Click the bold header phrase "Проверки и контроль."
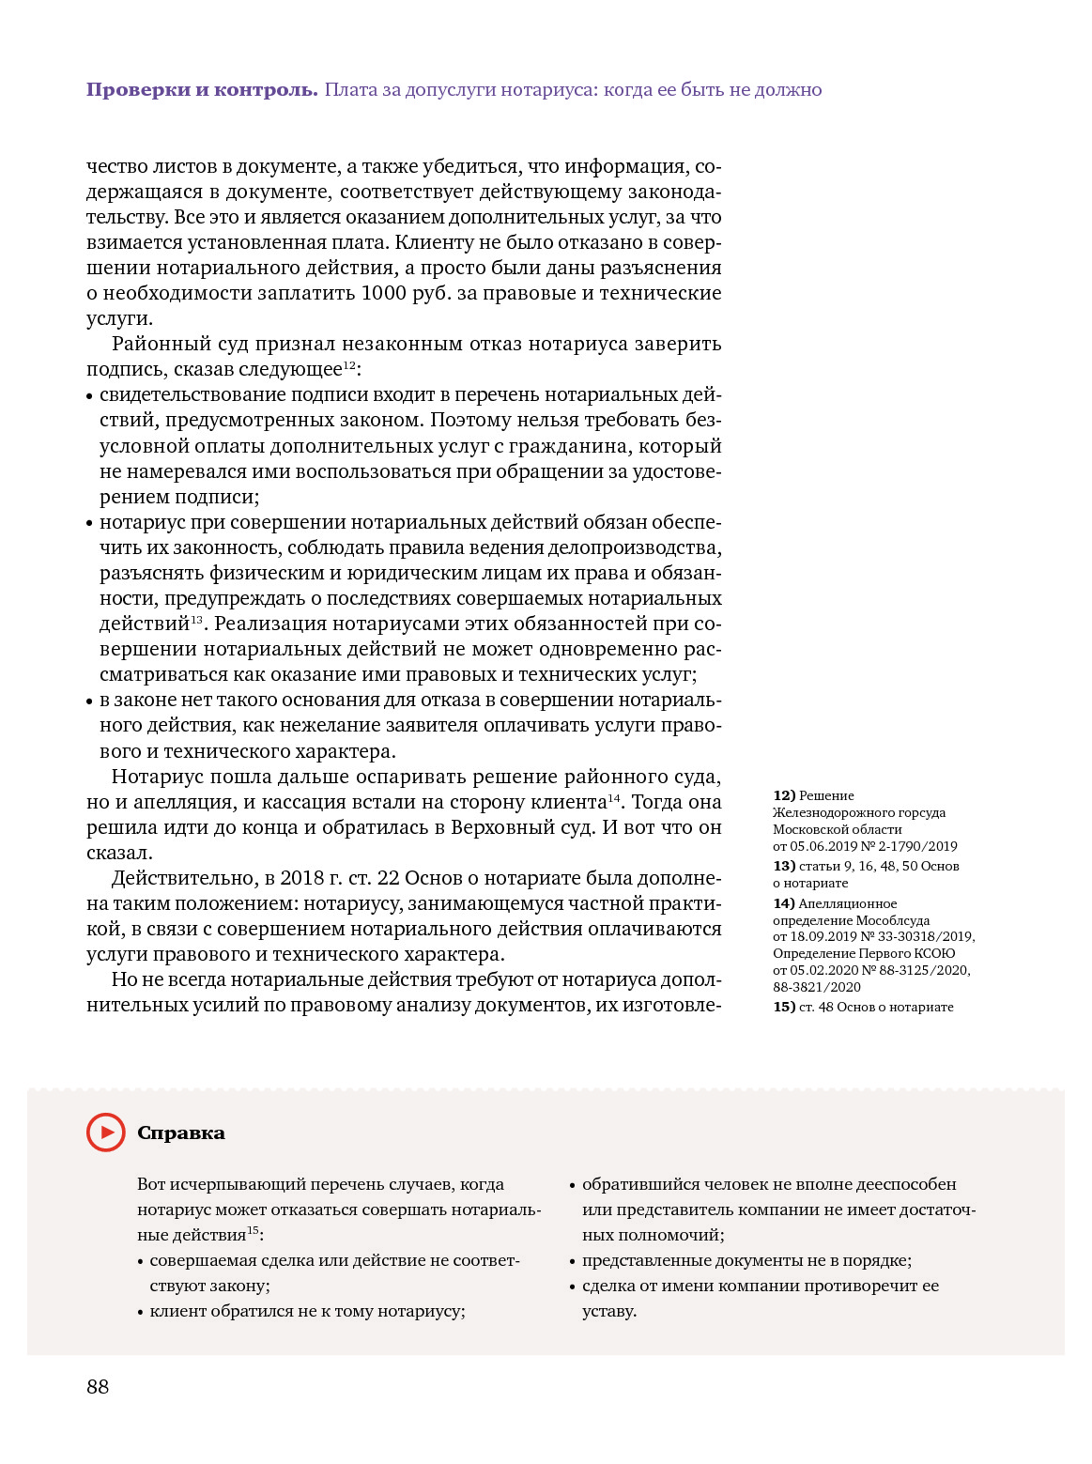tap(202, 90)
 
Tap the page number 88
tap(98, 1387)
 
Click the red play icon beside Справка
tap(106, 1133)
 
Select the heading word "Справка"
tap(181, 1133)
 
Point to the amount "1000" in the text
tap(384, 293)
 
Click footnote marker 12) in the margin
tap(784, 795)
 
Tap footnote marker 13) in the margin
tap(784, 866)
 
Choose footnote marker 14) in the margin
tap(784, 903)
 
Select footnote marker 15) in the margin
tap(784, 1007)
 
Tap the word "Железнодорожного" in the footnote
tap(826, 812)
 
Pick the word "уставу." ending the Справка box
tap(609, 1311)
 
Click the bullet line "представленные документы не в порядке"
tap(746, 1260)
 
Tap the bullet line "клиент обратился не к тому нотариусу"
tap(307, 1311)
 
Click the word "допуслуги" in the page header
tap(450, 90)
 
